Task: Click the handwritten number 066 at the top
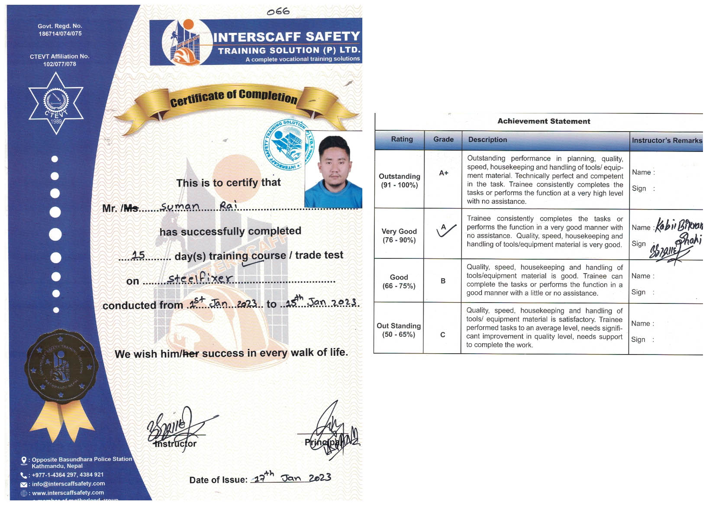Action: pos(278,12)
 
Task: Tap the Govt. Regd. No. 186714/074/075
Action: pos(60,30)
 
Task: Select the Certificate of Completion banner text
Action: pos(233,97)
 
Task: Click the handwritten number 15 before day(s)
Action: pos(138,255)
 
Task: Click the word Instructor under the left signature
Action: pos(176,444)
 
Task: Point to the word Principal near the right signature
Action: pos(322,442)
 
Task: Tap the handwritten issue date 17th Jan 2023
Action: pos(292,477)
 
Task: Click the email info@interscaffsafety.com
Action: pos(68,484)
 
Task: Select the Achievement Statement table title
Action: pos(543,121)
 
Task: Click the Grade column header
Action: pos(443,139)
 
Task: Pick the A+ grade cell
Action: pos(443,173)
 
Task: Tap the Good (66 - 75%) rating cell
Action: pos(399,281)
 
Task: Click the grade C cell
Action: pos(442,335)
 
